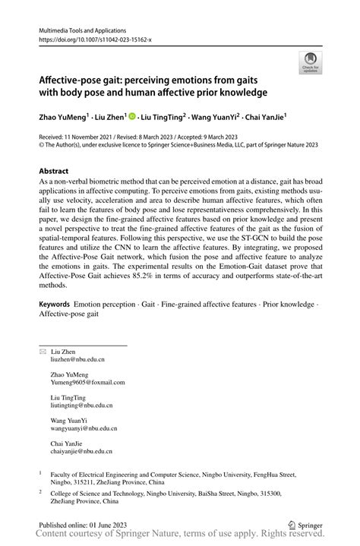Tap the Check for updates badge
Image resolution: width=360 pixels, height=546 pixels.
310,63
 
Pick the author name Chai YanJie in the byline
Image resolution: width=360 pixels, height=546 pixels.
270,118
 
